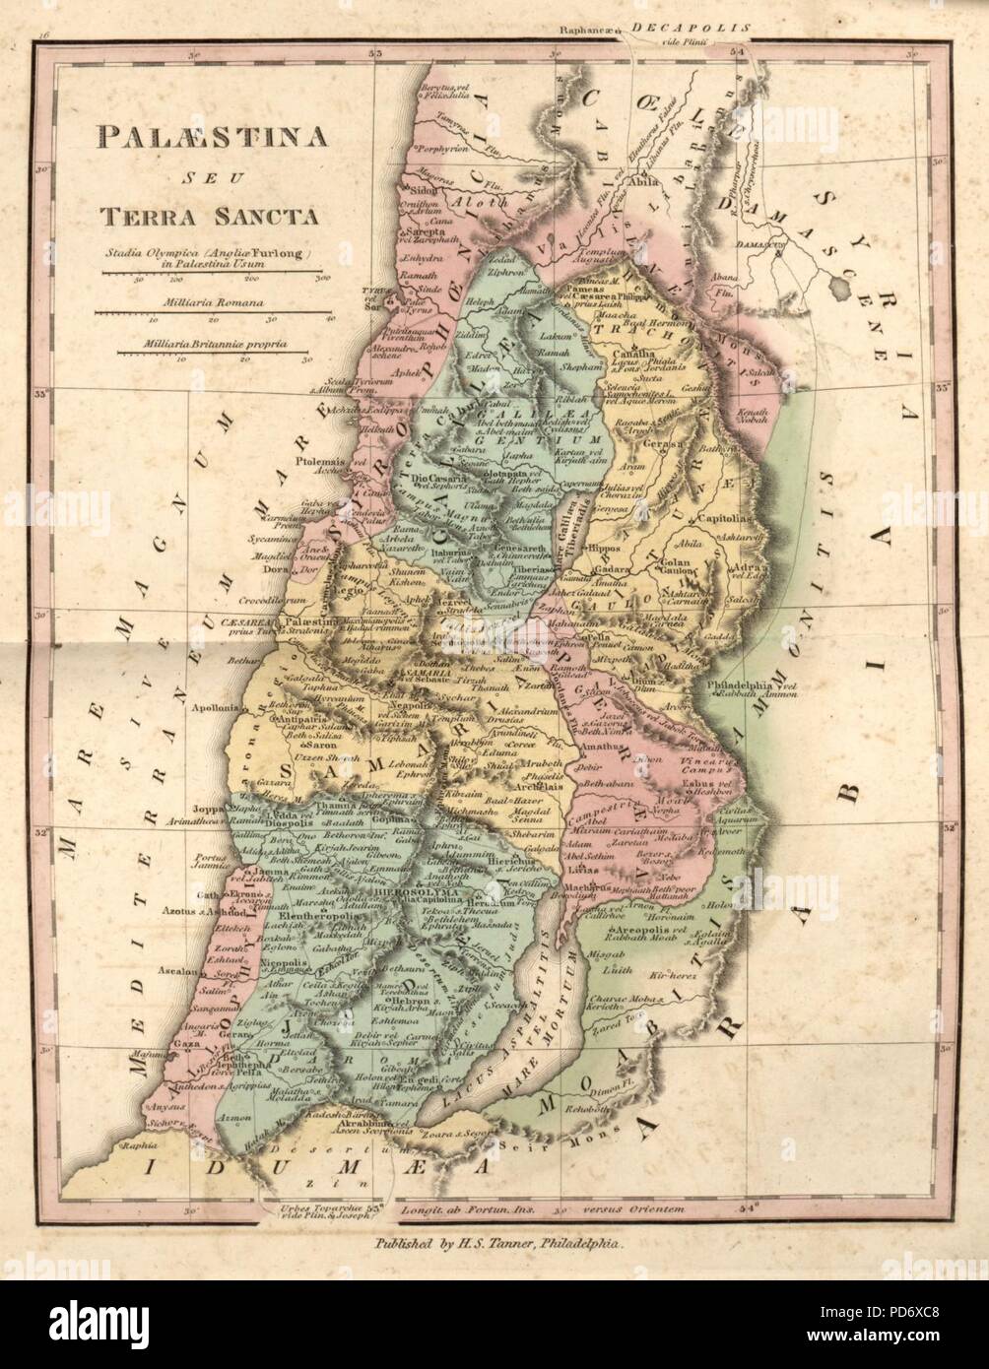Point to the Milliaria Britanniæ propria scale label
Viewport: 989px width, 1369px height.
point(212,345)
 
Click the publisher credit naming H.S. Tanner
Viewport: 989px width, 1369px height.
point(503,1244)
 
